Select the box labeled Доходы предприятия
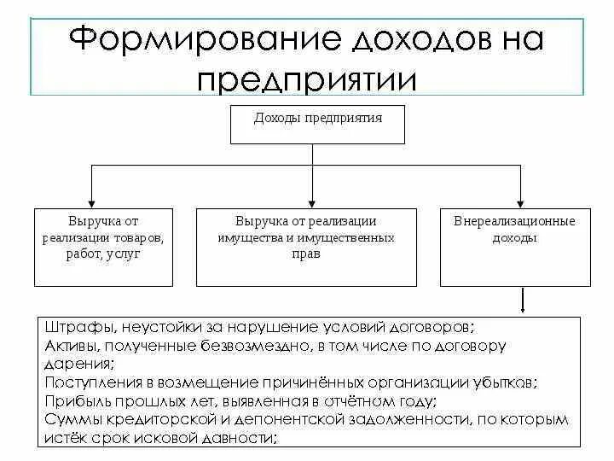pos(317,124)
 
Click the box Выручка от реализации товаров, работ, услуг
pos(104,246)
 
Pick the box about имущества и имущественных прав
pos(306,246)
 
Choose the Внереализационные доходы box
pos(514,246)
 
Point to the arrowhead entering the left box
pos(93,201)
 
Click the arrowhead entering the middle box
pos(313,201)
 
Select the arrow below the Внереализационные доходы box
pos(522,301)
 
